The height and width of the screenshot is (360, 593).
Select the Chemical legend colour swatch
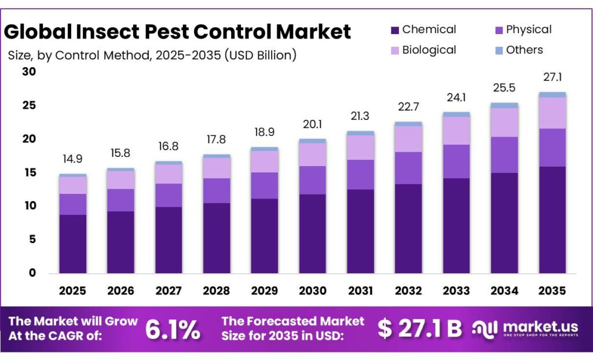click(x=394, y=30)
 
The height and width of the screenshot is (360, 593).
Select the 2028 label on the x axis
click(x=217, y=290)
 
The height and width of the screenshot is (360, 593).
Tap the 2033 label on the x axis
click(x=456, y=290)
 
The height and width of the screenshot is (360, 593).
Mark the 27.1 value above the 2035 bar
click(x=552, y=78)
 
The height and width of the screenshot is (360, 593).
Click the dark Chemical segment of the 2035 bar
click(x=552, y=220)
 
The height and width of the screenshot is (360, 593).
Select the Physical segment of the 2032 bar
click(x=408, y=168)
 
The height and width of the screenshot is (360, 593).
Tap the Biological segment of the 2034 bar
click(x=504, y=122)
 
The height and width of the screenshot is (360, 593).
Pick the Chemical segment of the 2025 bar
click(x=72, y=244)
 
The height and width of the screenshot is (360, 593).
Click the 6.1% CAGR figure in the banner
click(x=173, y=329)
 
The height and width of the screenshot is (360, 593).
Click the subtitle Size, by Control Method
click(x=152, y=56)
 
